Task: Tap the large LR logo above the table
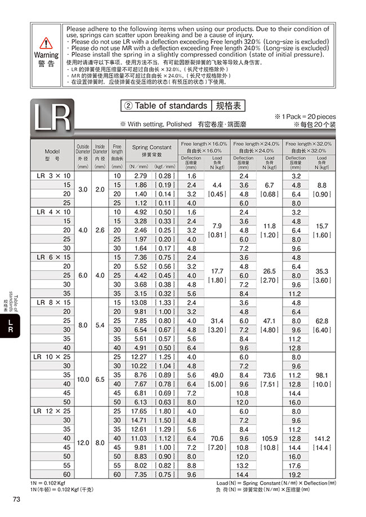(x=51, y=117)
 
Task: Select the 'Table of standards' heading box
(x=183, y=106)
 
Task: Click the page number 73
(x=16, y=499)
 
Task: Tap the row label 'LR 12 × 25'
(x=52, y=411)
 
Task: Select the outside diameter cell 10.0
(x=83, y=380)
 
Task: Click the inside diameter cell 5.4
(x=100, y=325)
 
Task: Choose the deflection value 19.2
(x=295, y=475)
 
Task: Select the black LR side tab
(x=10, y=326)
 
